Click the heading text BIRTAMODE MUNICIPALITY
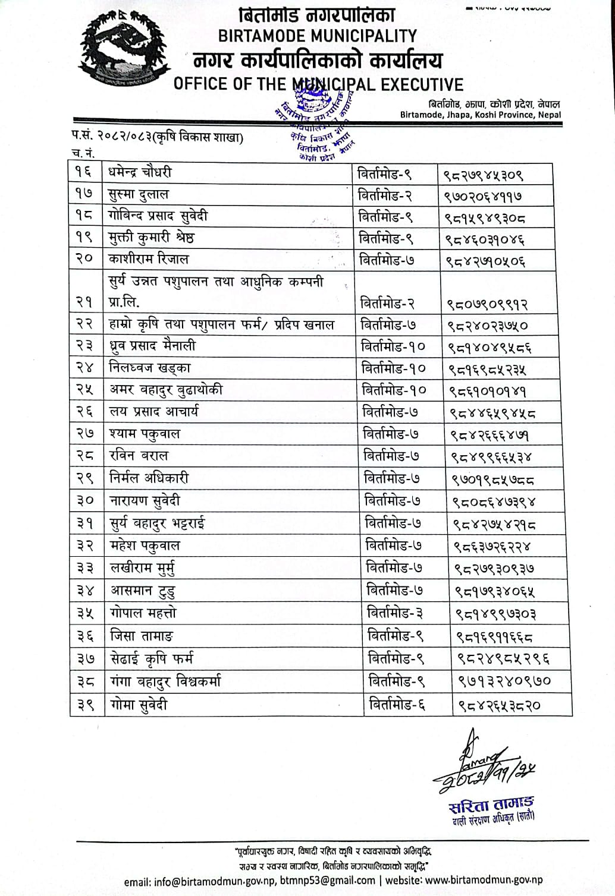click(x=317, y=36)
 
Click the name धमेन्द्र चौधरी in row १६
click(x=140, y=173)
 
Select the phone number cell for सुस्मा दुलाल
click(x=484, y=195)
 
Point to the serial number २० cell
click(x=85, y=260)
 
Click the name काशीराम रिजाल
click(x=149, y=260)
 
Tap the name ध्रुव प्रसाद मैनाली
click(x=153, y=346)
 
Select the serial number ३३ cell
click(x=86, y=568)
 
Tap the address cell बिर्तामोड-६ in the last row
click(x=397, y=705)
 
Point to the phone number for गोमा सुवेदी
click(x=499, y=706)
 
